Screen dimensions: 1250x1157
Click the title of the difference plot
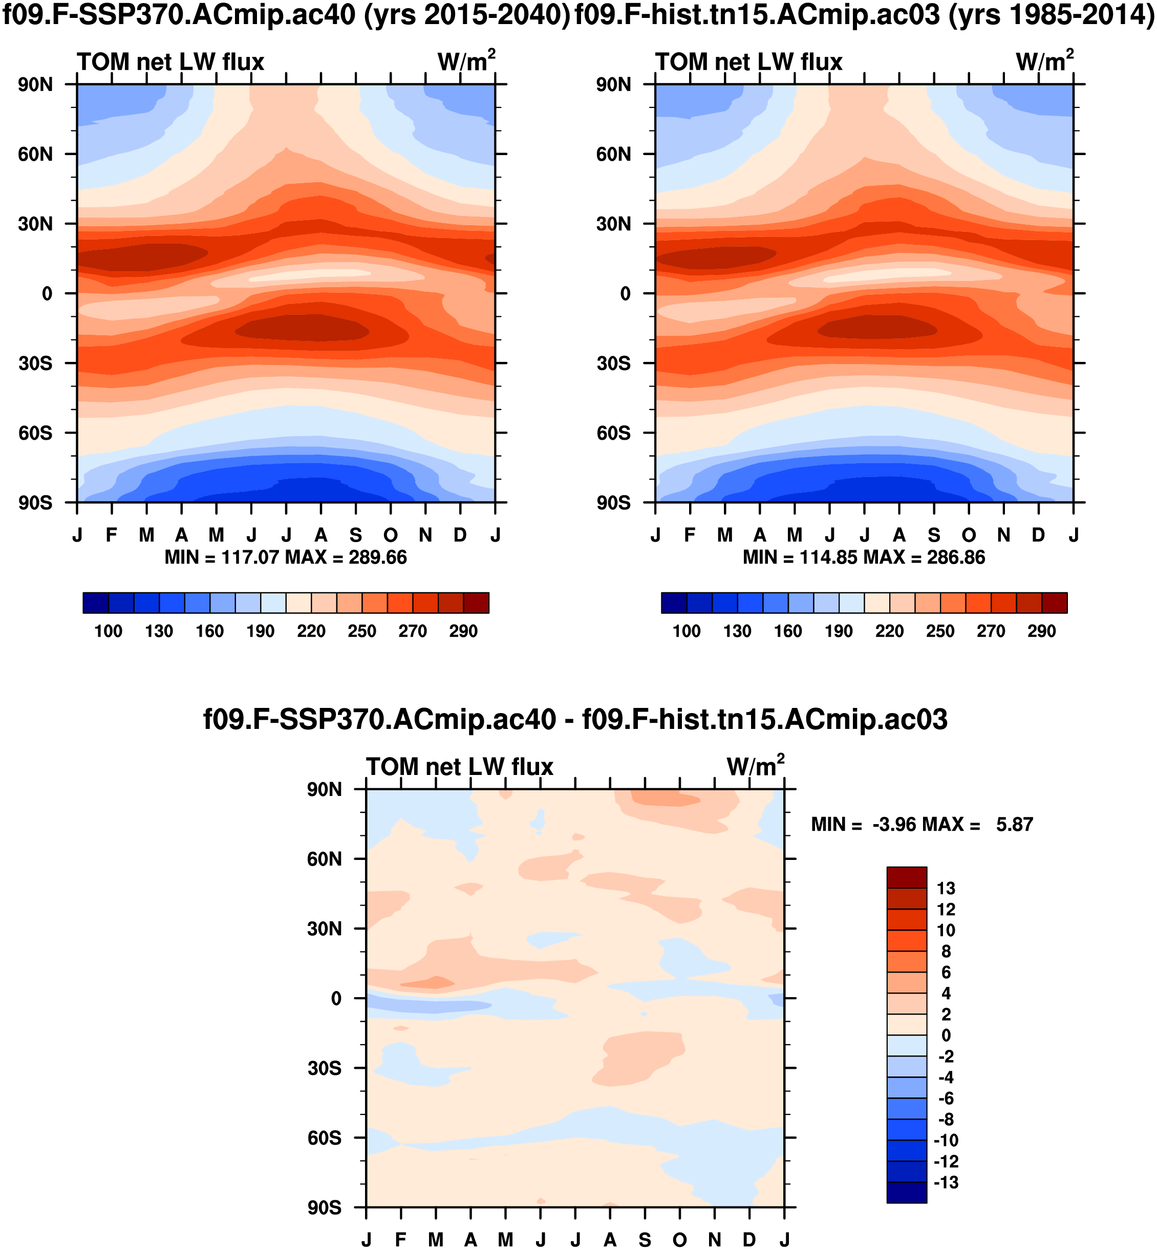point(575,720)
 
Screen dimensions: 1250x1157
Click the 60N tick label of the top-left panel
point(35,155)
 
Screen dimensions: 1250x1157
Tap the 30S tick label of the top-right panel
point(613,363)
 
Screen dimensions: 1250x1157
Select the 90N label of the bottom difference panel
point(324,790)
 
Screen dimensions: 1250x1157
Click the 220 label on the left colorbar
point(311,631)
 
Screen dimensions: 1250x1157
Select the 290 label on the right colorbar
point(1041,631)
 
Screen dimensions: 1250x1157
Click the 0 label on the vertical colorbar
point(946,1036)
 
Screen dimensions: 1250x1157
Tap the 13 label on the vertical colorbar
point(946,889)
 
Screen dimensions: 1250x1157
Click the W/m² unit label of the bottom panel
point(755,766)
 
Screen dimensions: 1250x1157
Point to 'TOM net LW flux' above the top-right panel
point(749,62)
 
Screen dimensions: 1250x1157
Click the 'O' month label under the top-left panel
point(391,536)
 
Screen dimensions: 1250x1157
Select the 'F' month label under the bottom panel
point(401,1240)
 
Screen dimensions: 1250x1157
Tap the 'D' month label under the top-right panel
point(1039,536)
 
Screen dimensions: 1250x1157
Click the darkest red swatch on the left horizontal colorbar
point(476,603)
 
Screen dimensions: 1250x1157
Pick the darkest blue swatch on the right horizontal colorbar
point(674,603)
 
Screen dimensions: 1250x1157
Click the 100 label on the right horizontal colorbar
point(686,631)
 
